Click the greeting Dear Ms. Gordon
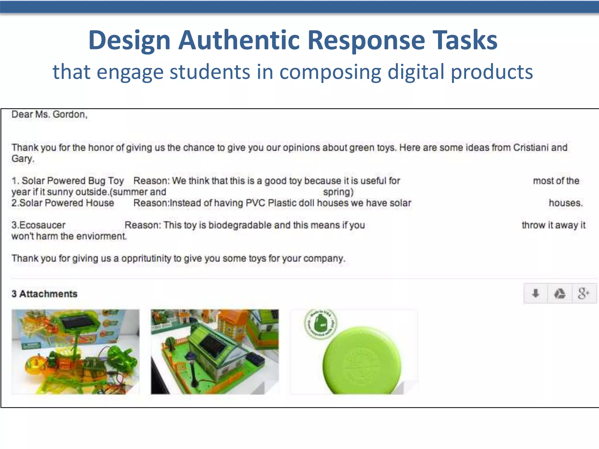tap(49, 114)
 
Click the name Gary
tap(23, 159)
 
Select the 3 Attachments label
tap(44, 294)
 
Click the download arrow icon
tap(535, 293)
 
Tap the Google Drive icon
tap(560, 293)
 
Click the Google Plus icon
tap(583, 293)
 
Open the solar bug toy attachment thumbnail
tap(75, 352)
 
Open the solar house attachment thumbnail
tap(215, 352)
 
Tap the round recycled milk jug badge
tap(321, 324)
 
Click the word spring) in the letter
tap(338, 192)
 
